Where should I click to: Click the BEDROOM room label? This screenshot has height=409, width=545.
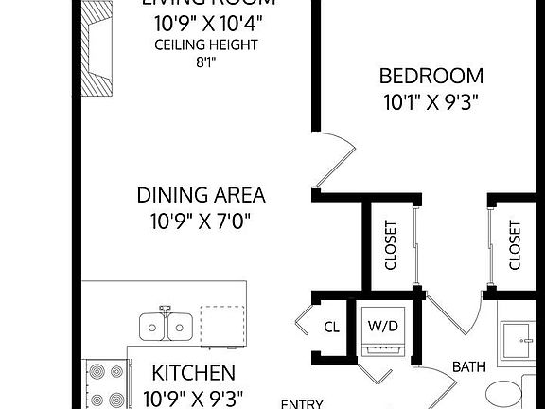point(431,76)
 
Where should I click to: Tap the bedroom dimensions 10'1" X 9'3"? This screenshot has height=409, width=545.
point(431,102)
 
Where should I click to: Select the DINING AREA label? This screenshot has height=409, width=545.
point(201,196)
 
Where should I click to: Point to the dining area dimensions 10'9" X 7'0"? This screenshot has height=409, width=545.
point(201,223)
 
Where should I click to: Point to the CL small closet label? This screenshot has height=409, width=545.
point(332,328)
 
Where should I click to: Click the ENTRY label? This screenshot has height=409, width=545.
point(302,402)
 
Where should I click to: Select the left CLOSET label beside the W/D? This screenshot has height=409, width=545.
point(390,245)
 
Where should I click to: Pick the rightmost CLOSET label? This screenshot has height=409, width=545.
point(515,245)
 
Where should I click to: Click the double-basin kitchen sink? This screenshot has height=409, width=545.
point(167,326)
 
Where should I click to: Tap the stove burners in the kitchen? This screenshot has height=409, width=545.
point(105,386)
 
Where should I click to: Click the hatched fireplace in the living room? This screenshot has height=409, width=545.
point(95,46)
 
